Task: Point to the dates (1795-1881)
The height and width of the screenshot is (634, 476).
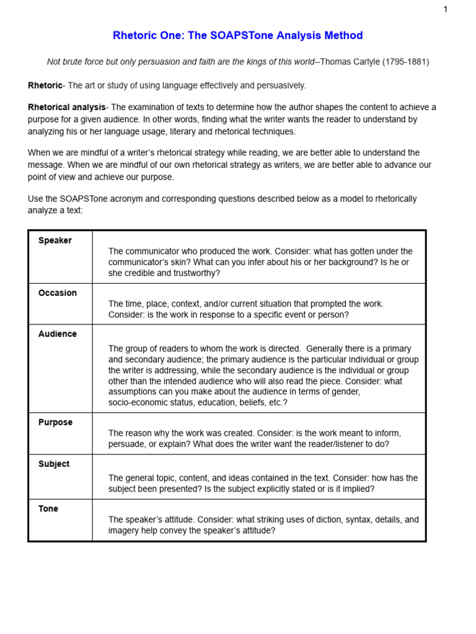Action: tap(405, 62)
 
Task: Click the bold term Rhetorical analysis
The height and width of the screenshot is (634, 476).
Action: tap(67, 108)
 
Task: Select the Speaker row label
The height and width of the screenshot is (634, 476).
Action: tap(55, 241)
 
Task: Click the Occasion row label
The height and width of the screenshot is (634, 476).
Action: tap(58, 293)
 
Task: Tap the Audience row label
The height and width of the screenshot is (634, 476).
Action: tap(58, 334)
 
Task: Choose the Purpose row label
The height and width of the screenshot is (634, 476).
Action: tap(55, 423)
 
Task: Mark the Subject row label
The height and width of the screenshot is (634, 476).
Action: tap(54, 464)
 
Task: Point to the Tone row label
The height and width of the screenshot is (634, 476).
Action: tap(48, 509)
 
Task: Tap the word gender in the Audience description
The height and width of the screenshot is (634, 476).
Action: tap(345, 392)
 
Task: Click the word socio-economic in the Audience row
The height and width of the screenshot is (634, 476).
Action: tap(139, 403)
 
